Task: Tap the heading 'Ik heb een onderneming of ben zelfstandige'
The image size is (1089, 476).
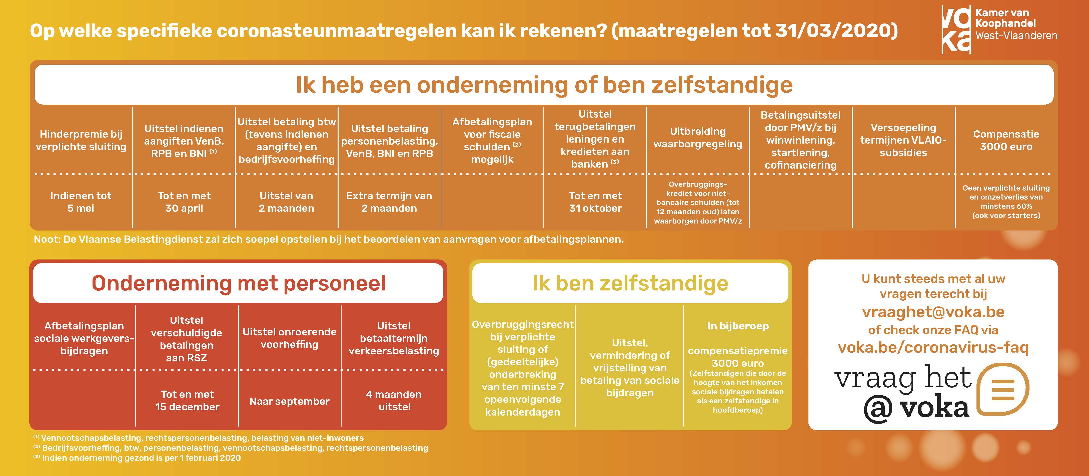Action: pos(544,85)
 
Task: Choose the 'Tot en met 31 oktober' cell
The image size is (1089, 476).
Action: pos(595,202)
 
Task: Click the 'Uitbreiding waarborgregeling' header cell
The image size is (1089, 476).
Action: pos(698,138)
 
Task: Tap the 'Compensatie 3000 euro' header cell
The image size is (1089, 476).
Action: pos(1006,140)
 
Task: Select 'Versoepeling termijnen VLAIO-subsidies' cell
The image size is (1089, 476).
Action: pos(903,140)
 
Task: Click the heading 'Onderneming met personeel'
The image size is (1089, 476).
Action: pos(239,283)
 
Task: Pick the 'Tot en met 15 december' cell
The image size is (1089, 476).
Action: pos(187,400)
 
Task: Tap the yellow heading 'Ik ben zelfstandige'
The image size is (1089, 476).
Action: pos(630,283)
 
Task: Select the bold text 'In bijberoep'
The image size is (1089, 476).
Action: pos(738,326)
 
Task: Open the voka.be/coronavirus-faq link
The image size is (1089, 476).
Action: pos(933,348)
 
